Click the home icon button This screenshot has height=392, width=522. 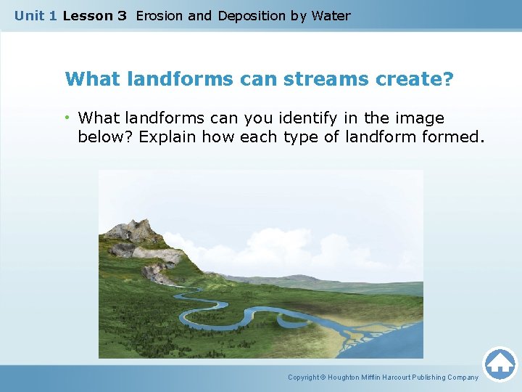pos(500,364)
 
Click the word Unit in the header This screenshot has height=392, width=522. pos(30,15)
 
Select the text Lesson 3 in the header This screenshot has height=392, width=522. pos(94,15)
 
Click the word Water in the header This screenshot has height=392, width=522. pos(331,15)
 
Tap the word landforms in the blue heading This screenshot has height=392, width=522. pos(178,78)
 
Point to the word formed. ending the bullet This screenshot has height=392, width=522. pos(450,136)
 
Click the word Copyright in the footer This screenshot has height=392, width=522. pos(304,377)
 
